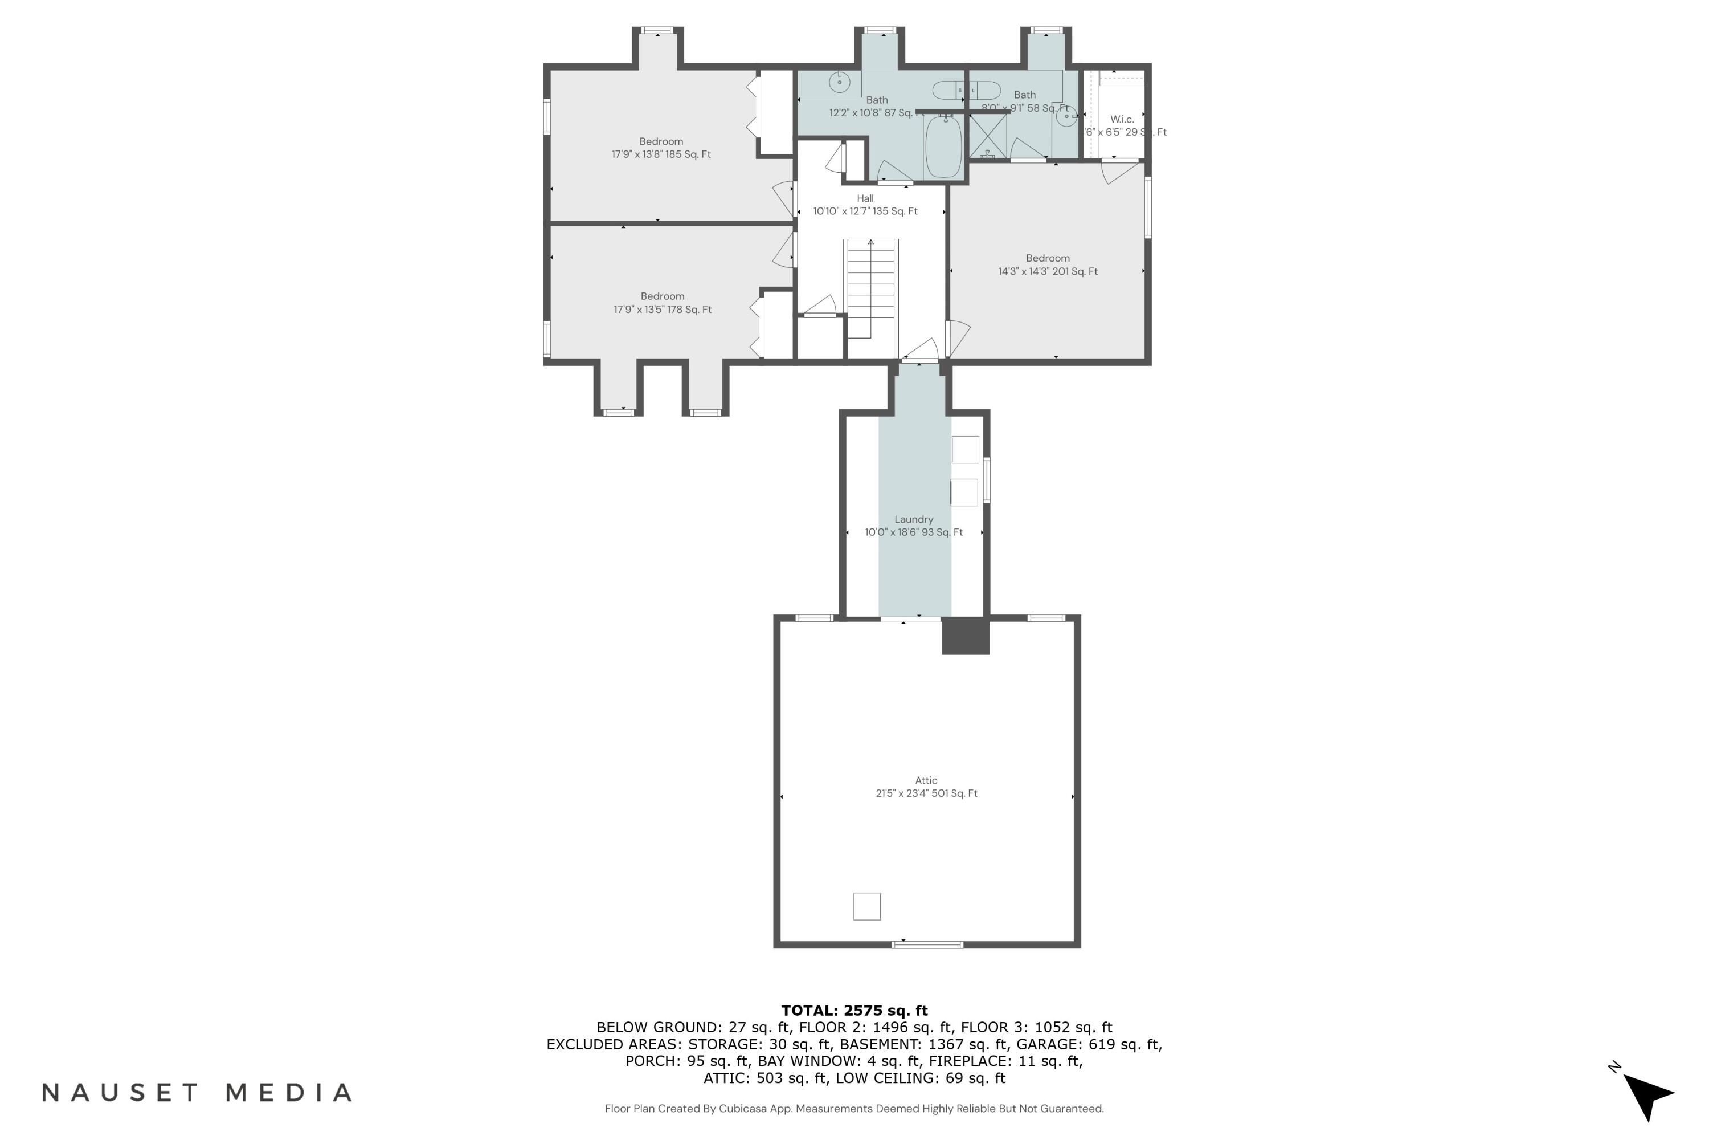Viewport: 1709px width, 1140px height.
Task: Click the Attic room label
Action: coord(926,780)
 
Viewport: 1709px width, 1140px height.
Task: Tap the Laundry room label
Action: coord(913,519)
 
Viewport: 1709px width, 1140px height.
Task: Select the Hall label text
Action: coord(865,198)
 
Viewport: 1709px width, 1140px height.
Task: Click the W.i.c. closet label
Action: coord(1121,119)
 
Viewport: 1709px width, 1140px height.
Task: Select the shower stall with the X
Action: coord(988,136)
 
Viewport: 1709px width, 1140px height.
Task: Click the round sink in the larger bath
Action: coord(839,83)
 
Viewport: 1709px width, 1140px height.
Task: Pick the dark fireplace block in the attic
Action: coord(965,636)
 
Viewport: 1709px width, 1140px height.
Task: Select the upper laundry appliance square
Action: coord(965,449)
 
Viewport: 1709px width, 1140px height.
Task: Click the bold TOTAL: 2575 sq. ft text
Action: coord(854,1010)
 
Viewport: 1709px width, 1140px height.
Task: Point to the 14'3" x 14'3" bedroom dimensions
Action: coord(1047,271)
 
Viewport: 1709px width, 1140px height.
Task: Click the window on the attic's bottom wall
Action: coord(927,944)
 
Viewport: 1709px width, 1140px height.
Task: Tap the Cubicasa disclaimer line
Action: coord(854,1108)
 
